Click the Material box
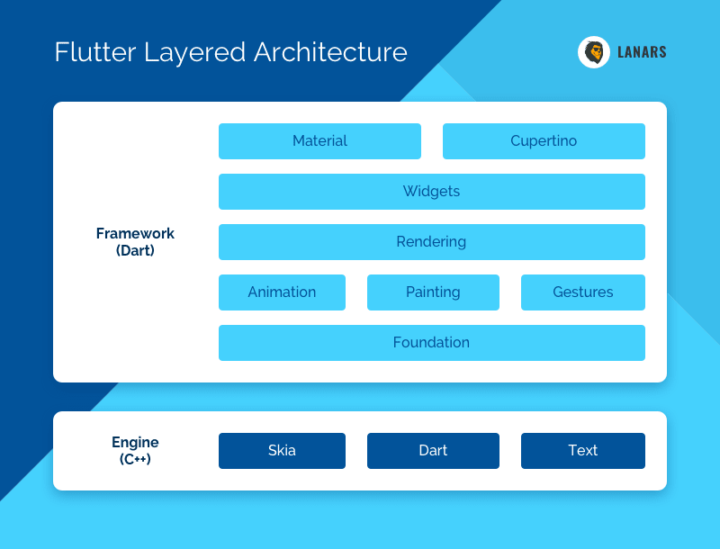coord(319,141)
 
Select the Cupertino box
coord(544,141)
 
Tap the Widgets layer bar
coord(432,192)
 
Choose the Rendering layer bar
coord(432,242)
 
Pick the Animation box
coord(282,292)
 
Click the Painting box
coord(433,292)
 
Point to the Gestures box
coord(583,292)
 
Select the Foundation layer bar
coord(432,343)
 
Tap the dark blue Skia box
coord(282,451)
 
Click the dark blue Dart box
coord(433,451)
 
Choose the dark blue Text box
coord(583,451)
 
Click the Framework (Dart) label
coord(135,242)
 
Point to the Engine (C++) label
coord(135,450)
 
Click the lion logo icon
coord(594,52)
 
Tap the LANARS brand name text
coord(642,52)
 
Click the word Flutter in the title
coord(95,52)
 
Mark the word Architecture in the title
coord(330,52)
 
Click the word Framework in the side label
coord(135,234)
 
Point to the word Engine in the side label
coord(135,443)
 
